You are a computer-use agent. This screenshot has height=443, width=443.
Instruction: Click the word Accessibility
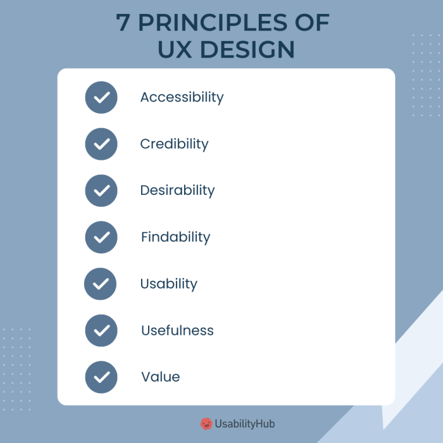point(182,97)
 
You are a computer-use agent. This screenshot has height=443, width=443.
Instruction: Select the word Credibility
point(174,144)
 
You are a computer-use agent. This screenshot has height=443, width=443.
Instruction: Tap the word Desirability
point(177,190)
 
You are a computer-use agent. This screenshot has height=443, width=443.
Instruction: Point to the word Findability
point(175,237)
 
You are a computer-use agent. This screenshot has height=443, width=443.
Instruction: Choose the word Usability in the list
point(168,284)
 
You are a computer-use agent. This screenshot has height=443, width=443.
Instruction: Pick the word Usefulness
point(177,330)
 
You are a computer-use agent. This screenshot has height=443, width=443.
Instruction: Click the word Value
point(160,377)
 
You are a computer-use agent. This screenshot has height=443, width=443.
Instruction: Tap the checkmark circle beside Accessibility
point(101,97)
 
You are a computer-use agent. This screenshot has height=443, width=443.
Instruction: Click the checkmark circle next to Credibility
point(101,144)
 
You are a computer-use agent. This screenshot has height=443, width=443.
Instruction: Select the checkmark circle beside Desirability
point(101,190)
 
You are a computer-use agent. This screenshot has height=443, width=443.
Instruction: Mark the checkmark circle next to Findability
point(101,237)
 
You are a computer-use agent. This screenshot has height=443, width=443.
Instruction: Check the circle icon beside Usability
point(101,284)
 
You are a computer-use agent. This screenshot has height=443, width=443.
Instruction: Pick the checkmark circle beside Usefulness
point(101,330)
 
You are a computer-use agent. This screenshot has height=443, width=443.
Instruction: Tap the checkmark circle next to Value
point(101,377)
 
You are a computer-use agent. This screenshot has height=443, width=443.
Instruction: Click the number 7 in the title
point(123,23)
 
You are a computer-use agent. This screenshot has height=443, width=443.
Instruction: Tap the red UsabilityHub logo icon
point(206,423)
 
